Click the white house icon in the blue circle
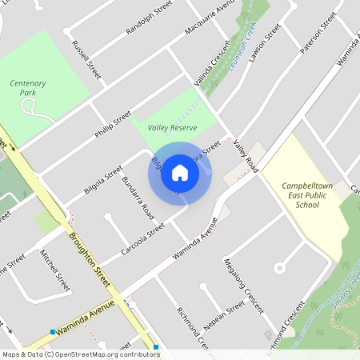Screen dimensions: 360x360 point(180,171)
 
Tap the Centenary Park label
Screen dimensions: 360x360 point(28,87)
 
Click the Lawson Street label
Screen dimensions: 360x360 point(264,43)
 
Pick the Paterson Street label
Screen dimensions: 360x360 point(315,33)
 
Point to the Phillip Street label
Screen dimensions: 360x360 point(113,126)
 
